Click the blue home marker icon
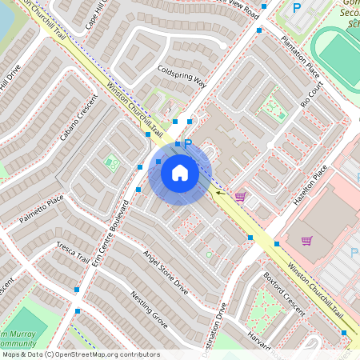pyautogui.click(x=179, y=172)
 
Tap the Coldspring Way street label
pyautogui.click(x=182, y=76)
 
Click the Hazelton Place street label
pyautogui.click(x=310, y=186)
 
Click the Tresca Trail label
pyautogui.click(x=73, y=252)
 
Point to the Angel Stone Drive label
pyautogui.click(x=166, y=272)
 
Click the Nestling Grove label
pyautogui.click(x=149, y=311)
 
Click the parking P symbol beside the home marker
pyautogui.click(x=188, y=144)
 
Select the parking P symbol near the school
pyautogui.click(x=297, y=9)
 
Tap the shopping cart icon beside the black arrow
pyautogui.click(x=240, y=196)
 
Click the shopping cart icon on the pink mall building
pyautogui.click(x=306, y=240)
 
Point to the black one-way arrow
pyautogui.click(x=218, y=192)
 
